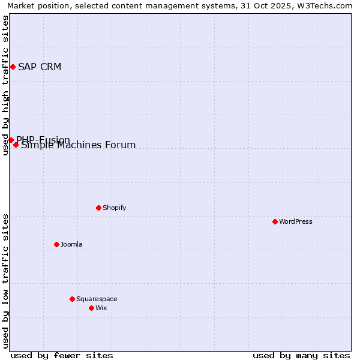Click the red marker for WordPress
275,221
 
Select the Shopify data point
98,208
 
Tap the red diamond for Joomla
56,244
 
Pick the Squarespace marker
72,299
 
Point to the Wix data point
91,308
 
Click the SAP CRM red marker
13,67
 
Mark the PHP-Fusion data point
11,140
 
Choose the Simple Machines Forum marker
16,145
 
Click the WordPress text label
296,221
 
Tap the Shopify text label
114,208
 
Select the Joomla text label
71,244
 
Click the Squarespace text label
97,299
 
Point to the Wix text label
101,308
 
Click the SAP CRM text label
40,67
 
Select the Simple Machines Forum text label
79,145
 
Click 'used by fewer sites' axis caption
62,355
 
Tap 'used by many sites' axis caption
301,355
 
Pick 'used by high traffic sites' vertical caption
5,85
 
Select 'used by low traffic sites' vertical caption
5,281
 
